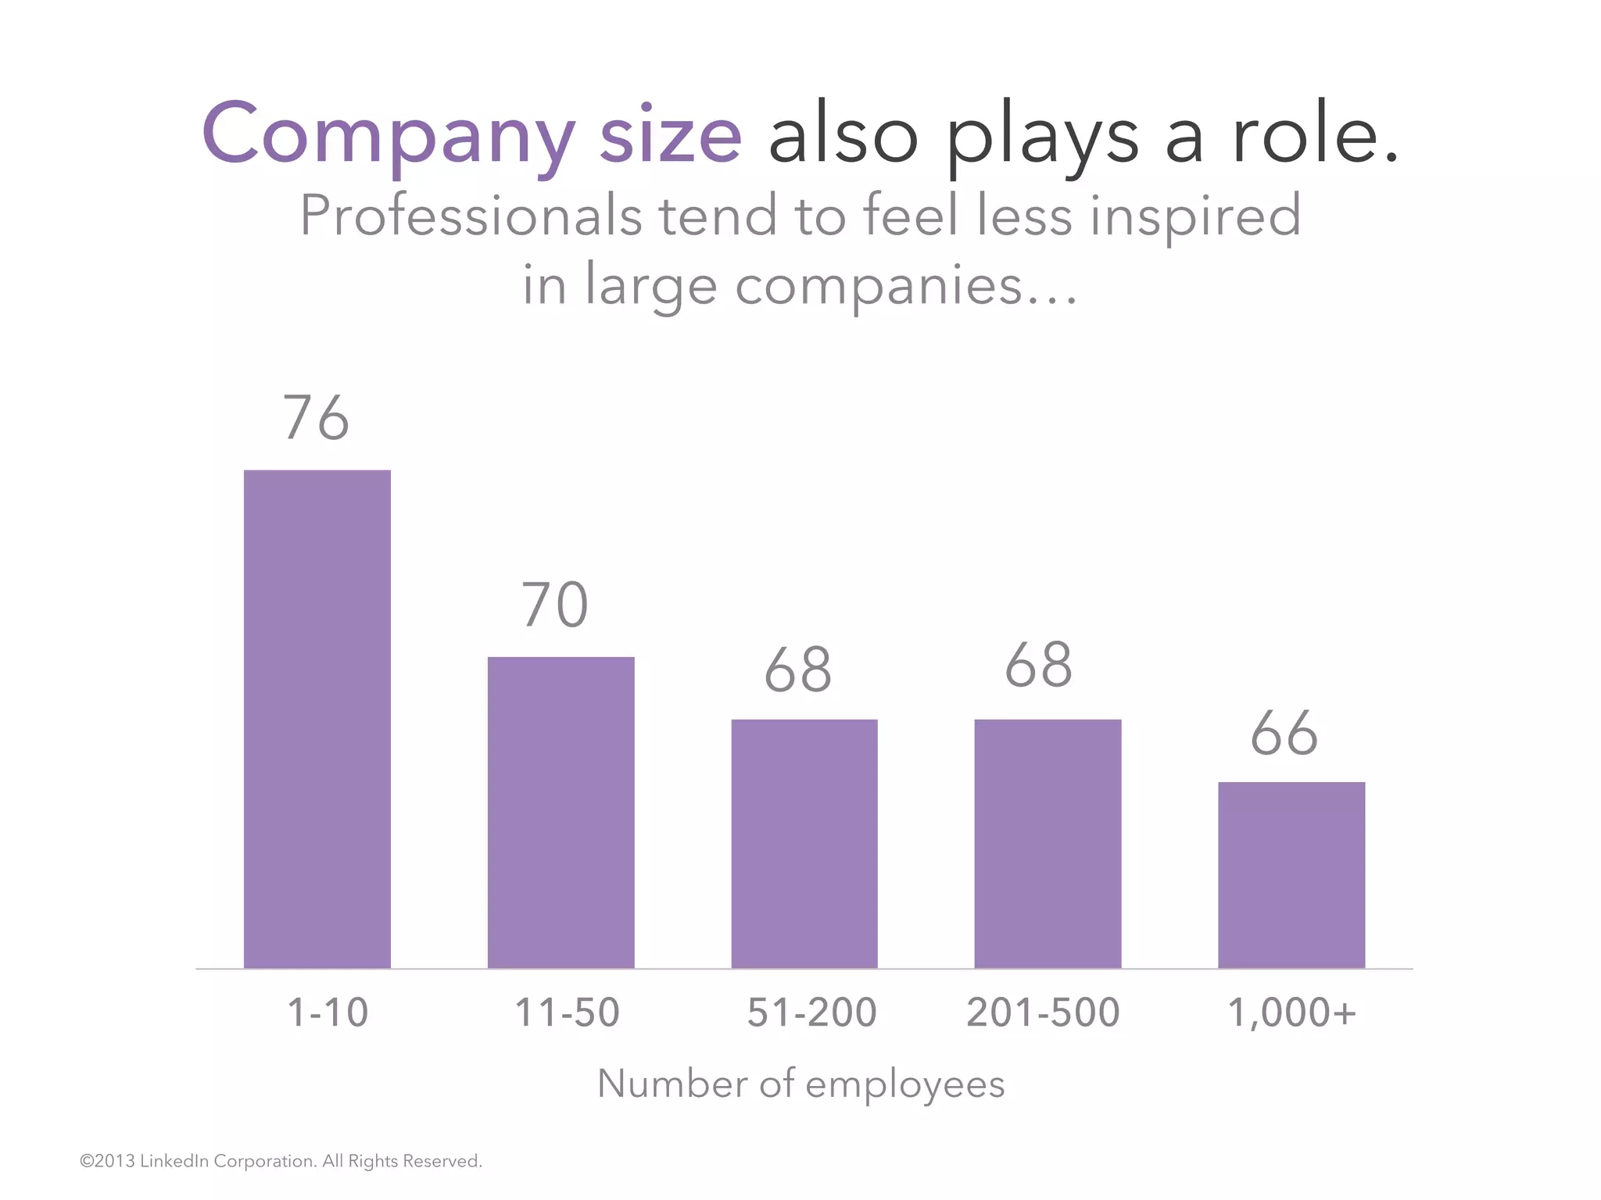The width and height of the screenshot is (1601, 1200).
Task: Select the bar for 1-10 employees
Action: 317,719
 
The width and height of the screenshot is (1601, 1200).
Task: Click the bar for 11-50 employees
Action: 561,812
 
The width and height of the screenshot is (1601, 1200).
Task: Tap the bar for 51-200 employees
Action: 804,844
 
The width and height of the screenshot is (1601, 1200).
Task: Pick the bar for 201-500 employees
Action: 1048,844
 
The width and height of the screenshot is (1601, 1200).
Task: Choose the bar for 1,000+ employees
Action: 1291,875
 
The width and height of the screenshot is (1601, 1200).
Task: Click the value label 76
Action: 316,418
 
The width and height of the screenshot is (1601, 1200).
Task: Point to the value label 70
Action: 555,605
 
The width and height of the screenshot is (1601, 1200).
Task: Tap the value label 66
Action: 1284,734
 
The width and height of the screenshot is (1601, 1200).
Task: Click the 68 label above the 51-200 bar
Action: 798,670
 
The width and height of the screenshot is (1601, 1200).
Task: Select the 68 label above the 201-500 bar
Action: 1038,666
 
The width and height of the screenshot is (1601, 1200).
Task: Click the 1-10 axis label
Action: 328,1012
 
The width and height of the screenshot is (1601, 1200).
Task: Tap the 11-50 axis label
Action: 567,1012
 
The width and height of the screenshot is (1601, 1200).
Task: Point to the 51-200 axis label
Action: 811,1012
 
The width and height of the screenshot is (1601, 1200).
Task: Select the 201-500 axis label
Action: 1043,1012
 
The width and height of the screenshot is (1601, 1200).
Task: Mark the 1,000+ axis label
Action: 1291,1012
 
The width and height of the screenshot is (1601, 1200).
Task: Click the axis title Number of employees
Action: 800,1084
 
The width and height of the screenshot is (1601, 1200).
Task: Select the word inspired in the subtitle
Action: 1195,216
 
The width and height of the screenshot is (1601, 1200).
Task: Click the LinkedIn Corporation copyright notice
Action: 281,1161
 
